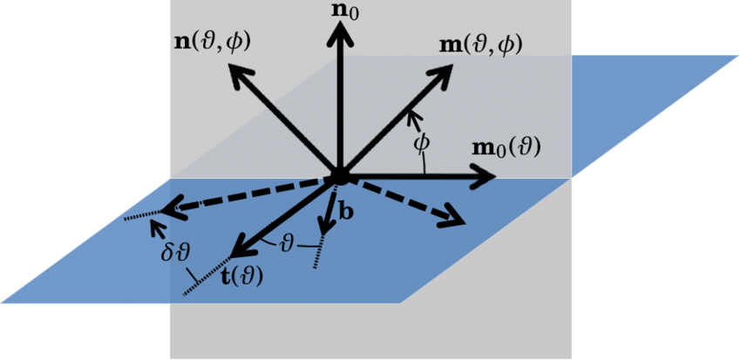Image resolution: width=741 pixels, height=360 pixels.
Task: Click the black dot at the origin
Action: [339, 177]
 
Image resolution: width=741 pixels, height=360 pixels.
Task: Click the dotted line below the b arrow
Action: [321, 252]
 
